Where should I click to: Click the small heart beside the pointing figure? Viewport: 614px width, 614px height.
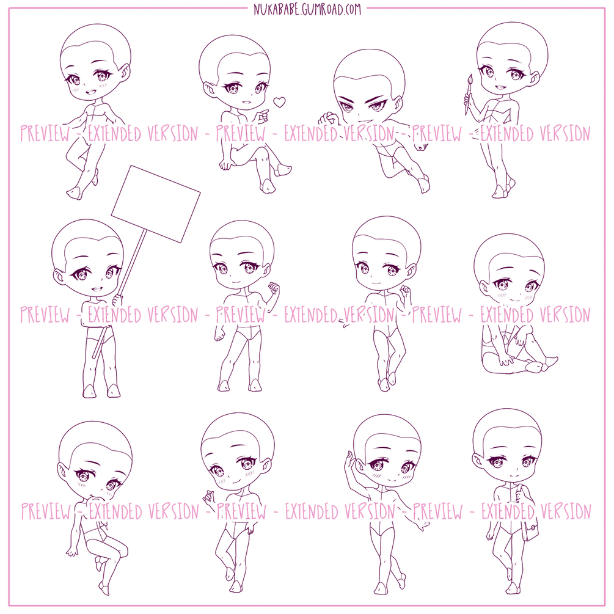coord(279,103)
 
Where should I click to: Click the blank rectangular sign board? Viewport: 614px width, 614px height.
coord(156,203)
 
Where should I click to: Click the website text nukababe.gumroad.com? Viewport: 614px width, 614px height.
coord(307,9)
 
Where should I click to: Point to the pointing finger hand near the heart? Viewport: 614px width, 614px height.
coord(262,114)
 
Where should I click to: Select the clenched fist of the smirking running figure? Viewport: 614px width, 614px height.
coord(327,119)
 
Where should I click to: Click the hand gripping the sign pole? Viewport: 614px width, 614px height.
coord(117,300)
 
